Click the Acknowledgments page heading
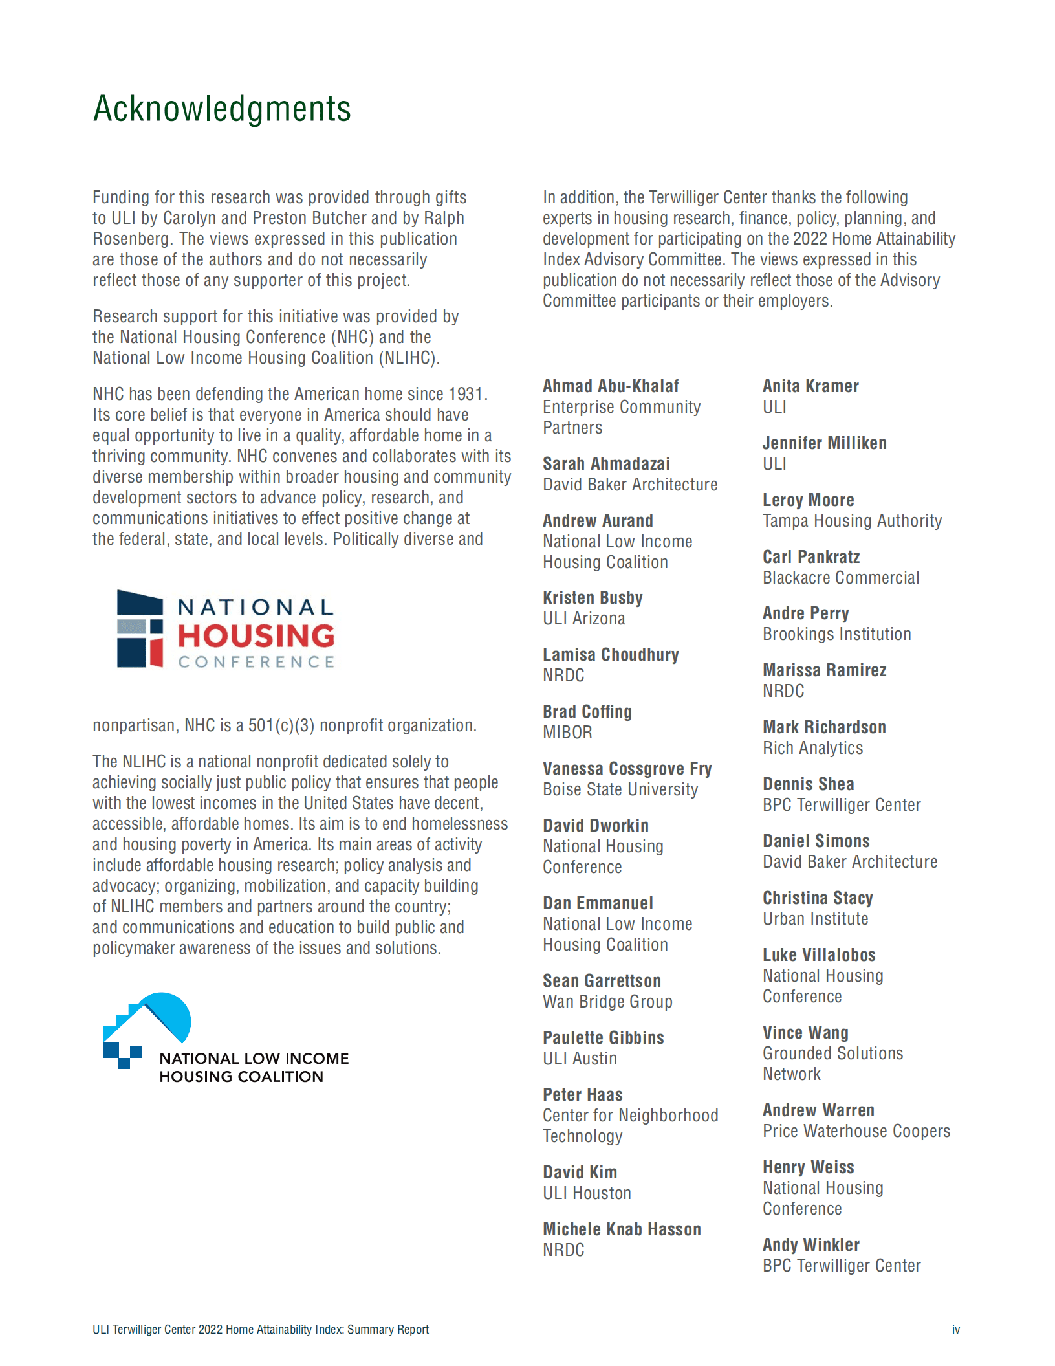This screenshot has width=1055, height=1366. (222, 109)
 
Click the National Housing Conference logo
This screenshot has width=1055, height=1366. (225, 628)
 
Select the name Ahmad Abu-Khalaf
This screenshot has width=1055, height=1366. (611, 386)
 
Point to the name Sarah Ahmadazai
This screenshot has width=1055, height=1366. (606, 464)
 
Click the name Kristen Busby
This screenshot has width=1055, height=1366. (593, 598)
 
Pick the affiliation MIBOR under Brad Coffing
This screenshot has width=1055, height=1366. (567, 733)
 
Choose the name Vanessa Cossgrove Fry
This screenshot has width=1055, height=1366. (627, 769)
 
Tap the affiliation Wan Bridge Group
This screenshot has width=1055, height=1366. (607, 1002)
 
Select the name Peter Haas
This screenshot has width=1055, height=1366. (582, 1095)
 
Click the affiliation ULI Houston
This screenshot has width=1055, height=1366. (587, 1193)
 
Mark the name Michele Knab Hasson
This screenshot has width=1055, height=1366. (622, 1229)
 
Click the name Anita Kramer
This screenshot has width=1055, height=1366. (810, 386)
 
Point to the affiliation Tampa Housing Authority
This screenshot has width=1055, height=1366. (852, 521)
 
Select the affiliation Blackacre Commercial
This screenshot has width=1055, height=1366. (841, 578)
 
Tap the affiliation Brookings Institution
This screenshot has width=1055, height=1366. (836, 634)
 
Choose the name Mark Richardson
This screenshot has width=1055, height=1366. (824, 727)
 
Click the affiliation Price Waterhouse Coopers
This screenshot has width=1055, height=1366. (856, 1131)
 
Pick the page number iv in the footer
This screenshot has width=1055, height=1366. (955, 1330)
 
